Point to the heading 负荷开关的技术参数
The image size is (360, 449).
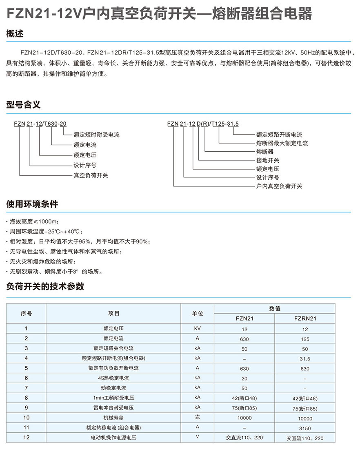click(x=45, y=286)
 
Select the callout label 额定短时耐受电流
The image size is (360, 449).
click(x=96, y=135)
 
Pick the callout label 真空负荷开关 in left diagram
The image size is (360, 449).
click(x=91, y=175)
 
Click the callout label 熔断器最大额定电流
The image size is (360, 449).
click(x=282, y=143)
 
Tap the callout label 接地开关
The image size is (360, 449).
click(x=268, y=160)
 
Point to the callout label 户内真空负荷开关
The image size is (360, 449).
click(x=279, y=186)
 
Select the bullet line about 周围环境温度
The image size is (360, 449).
click(x=46, y=232)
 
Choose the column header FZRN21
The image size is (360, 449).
click(x=305, y=319)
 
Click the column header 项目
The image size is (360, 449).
click(x=113, y=313)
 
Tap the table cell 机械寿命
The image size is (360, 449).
click(x=113, y=418)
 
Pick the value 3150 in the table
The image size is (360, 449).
click(x=305, y=428)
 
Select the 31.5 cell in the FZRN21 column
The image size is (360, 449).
click(x=305, y=358)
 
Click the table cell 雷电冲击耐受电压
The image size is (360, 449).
click(x=113, y=408)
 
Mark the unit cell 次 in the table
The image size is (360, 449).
click(x=197, y=418)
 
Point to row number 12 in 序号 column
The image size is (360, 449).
click(x=27, y=438)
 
